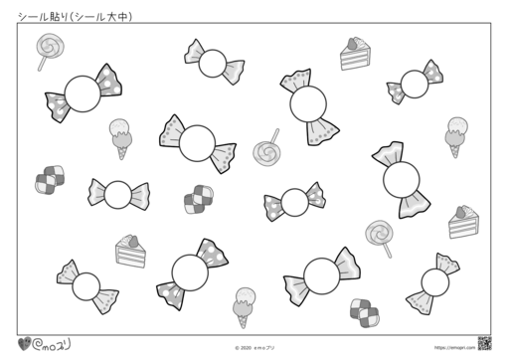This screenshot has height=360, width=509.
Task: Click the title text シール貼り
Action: (35, 16)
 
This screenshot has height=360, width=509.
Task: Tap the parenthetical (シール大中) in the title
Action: (101, 16)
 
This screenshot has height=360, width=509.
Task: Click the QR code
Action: (486, 342)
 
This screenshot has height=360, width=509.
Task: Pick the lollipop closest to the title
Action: (45, 47)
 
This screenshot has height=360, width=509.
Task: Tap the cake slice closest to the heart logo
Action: (130, 250)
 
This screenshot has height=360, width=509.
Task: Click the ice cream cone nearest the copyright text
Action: (244, 304)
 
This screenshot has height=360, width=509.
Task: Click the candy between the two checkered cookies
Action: (118, 194)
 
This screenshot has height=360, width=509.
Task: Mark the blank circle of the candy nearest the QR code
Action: (434, 284)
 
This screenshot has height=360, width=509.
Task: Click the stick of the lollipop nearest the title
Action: (42, 62)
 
